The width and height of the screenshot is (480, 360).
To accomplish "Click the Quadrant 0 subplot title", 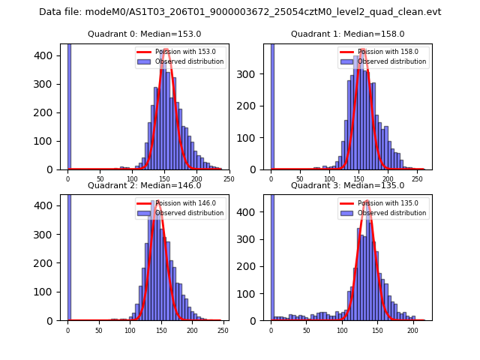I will (x=145, y=34).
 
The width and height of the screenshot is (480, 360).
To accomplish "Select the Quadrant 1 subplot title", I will (x=348, y=34).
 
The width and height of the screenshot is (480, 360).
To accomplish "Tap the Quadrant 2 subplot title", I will (x=145, y=185).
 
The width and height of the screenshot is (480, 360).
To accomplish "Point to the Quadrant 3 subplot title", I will (x=348, y=185).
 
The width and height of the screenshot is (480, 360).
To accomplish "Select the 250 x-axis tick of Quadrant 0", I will (x=229, y=178).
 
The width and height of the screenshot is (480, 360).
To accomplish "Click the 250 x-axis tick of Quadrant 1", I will (x=416, y=178).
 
